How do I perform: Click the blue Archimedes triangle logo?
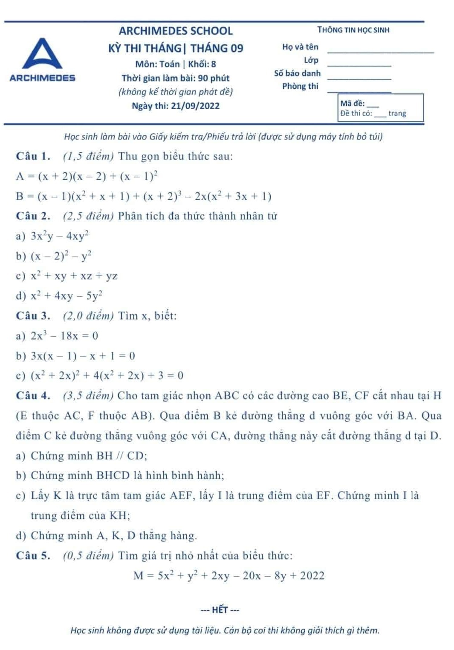click(42, 54)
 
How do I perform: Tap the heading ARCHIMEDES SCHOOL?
click(176, 31)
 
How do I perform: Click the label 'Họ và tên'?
click(300, 47)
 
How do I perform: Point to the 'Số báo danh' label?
click(297, 73)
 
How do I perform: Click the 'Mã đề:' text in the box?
click(352, 103)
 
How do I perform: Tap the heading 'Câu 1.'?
click(33, 156)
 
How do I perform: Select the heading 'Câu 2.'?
click(33, 216)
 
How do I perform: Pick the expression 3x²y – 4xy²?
click(60, 236)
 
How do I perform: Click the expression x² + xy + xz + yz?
click(74, 276)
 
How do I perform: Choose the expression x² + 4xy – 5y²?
click(67, 296)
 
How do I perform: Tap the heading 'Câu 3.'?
click(33, 316)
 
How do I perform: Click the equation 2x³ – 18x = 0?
click(64, 336)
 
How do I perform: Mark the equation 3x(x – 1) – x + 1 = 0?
click(83, 356)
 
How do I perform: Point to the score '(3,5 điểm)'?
click(88, 396)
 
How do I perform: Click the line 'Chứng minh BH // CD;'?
click(89, 456)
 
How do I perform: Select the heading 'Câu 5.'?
click(33, 556)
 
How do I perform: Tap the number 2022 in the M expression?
click(312, 576)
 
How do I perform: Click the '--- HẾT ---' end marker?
click(220, 610)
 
